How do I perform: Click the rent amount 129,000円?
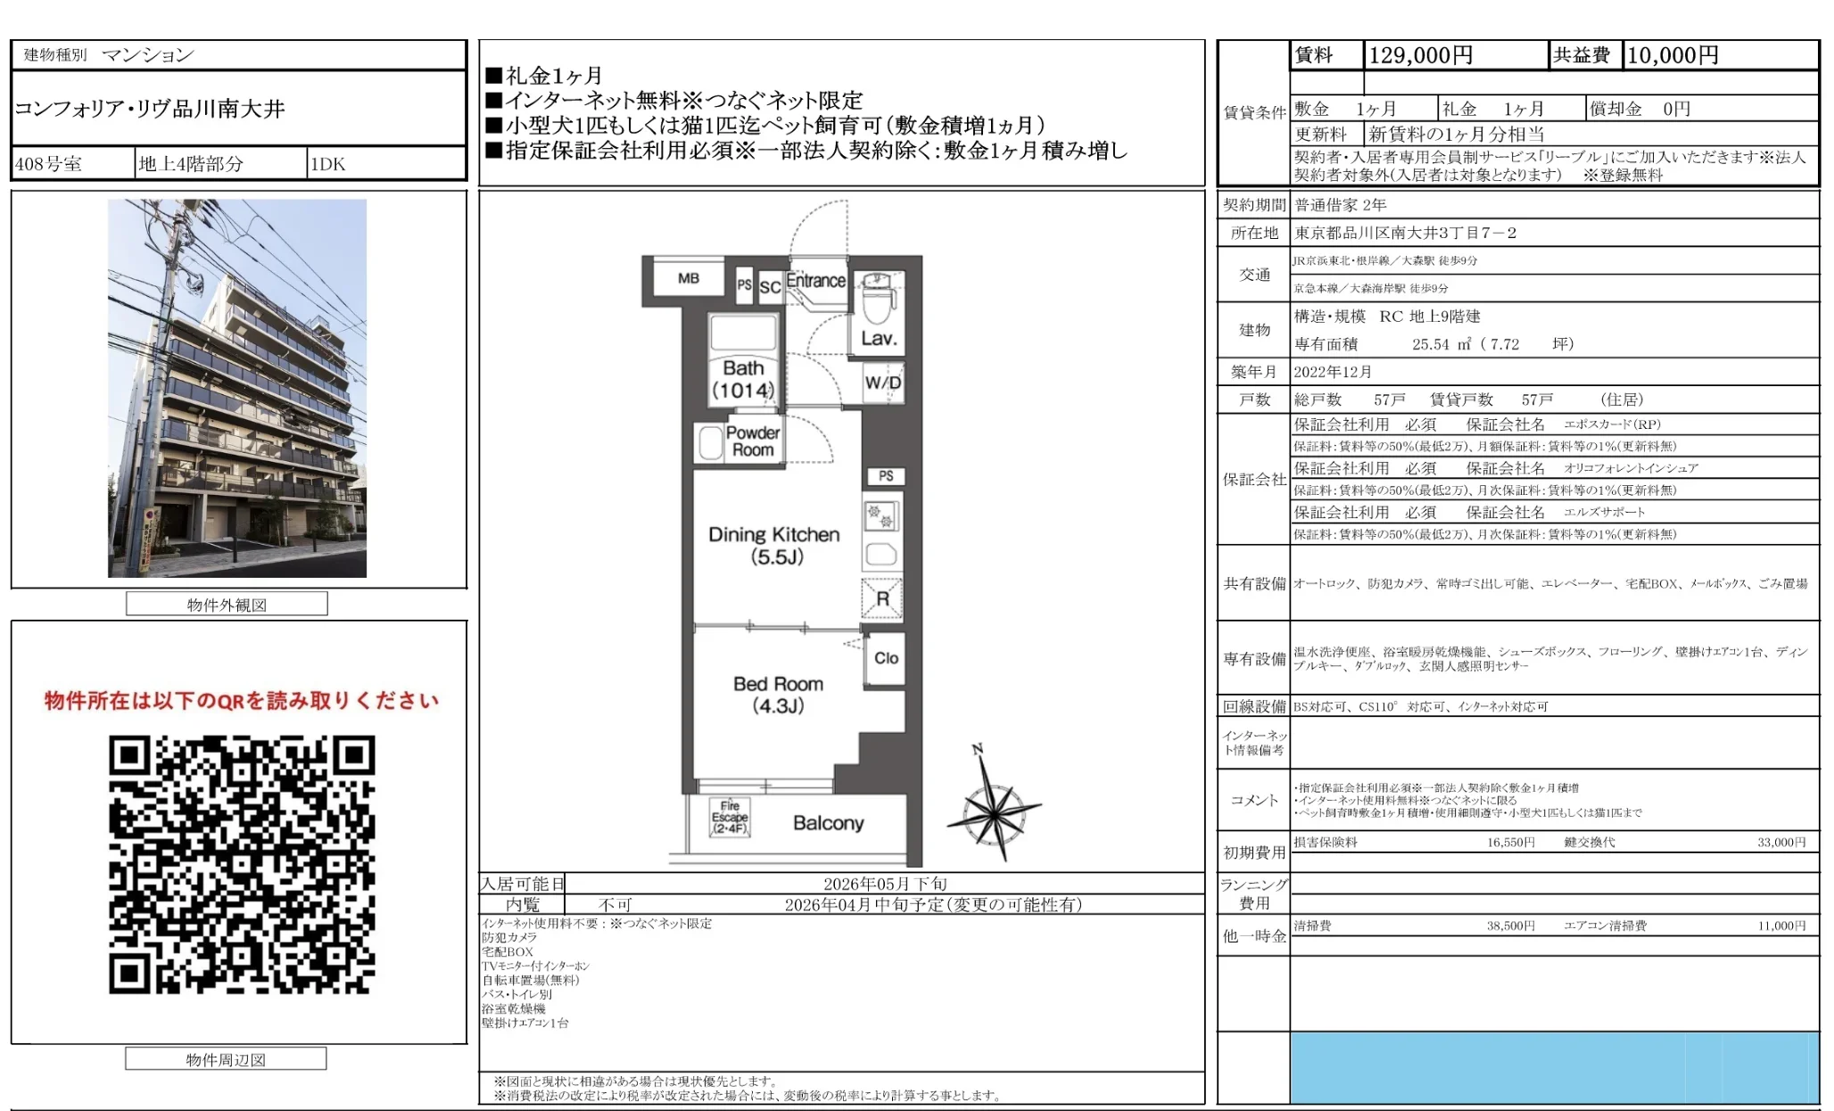click(1420, 55)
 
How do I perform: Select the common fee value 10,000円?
click(1673, 55)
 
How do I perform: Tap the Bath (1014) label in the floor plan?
click(743, 379)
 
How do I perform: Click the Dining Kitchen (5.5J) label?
click(774, 546)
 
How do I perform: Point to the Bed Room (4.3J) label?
click(778, 695)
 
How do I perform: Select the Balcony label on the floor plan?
click(828, 823)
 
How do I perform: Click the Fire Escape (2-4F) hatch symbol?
click(730, 817)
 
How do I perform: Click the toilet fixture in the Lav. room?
click(879, 302)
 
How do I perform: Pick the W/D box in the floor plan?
click(883, 383)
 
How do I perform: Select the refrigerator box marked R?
click(882, 598)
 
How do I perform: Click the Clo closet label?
click(886, 658)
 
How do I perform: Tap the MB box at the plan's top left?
click(688, 278)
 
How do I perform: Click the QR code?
click(242, 864)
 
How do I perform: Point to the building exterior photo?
click(237, 388)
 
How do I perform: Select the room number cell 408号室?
click(48, 164)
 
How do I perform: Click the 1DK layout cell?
click(327, 164)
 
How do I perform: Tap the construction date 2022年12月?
click(1333, 372)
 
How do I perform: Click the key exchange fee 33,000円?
click(1780, 842)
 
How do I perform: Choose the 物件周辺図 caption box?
click(226, 1059)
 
